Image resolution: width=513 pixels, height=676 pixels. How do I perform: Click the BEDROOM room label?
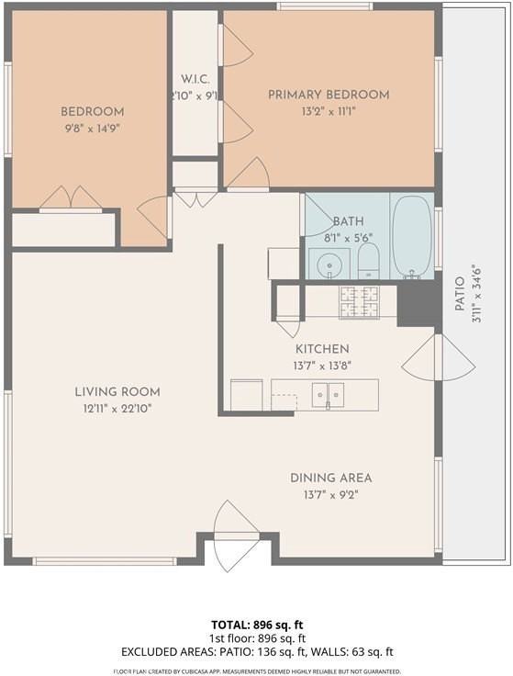click(x=92, y=112)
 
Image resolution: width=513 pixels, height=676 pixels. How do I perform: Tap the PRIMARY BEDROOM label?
click(x=328, y=95)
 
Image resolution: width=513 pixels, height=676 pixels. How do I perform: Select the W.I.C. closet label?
click(x=195, y=78)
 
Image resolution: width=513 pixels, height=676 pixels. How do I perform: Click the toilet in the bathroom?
click(x=368, y=261)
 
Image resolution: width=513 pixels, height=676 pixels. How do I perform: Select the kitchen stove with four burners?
click(x=359, y=302)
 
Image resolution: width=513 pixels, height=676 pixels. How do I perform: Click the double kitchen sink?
click(x=328, y=395)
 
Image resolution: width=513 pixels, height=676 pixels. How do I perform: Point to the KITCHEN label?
click(x=321, y=349)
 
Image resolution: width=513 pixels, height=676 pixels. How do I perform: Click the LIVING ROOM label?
click(x=117, y=392)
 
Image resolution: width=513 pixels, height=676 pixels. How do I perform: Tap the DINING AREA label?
click(x=330, y=478)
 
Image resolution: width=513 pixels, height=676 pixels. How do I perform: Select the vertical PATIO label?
click(x=461, y=293)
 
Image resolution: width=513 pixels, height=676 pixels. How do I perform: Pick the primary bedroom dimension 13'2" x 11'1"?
click(x=328, y=111)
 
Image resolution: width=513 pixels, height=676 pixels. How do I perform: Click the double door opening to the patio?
click(x=439, y=358)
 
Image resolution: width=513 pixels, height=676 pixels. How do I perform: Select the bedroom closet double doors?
click(x=71, y=199)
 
